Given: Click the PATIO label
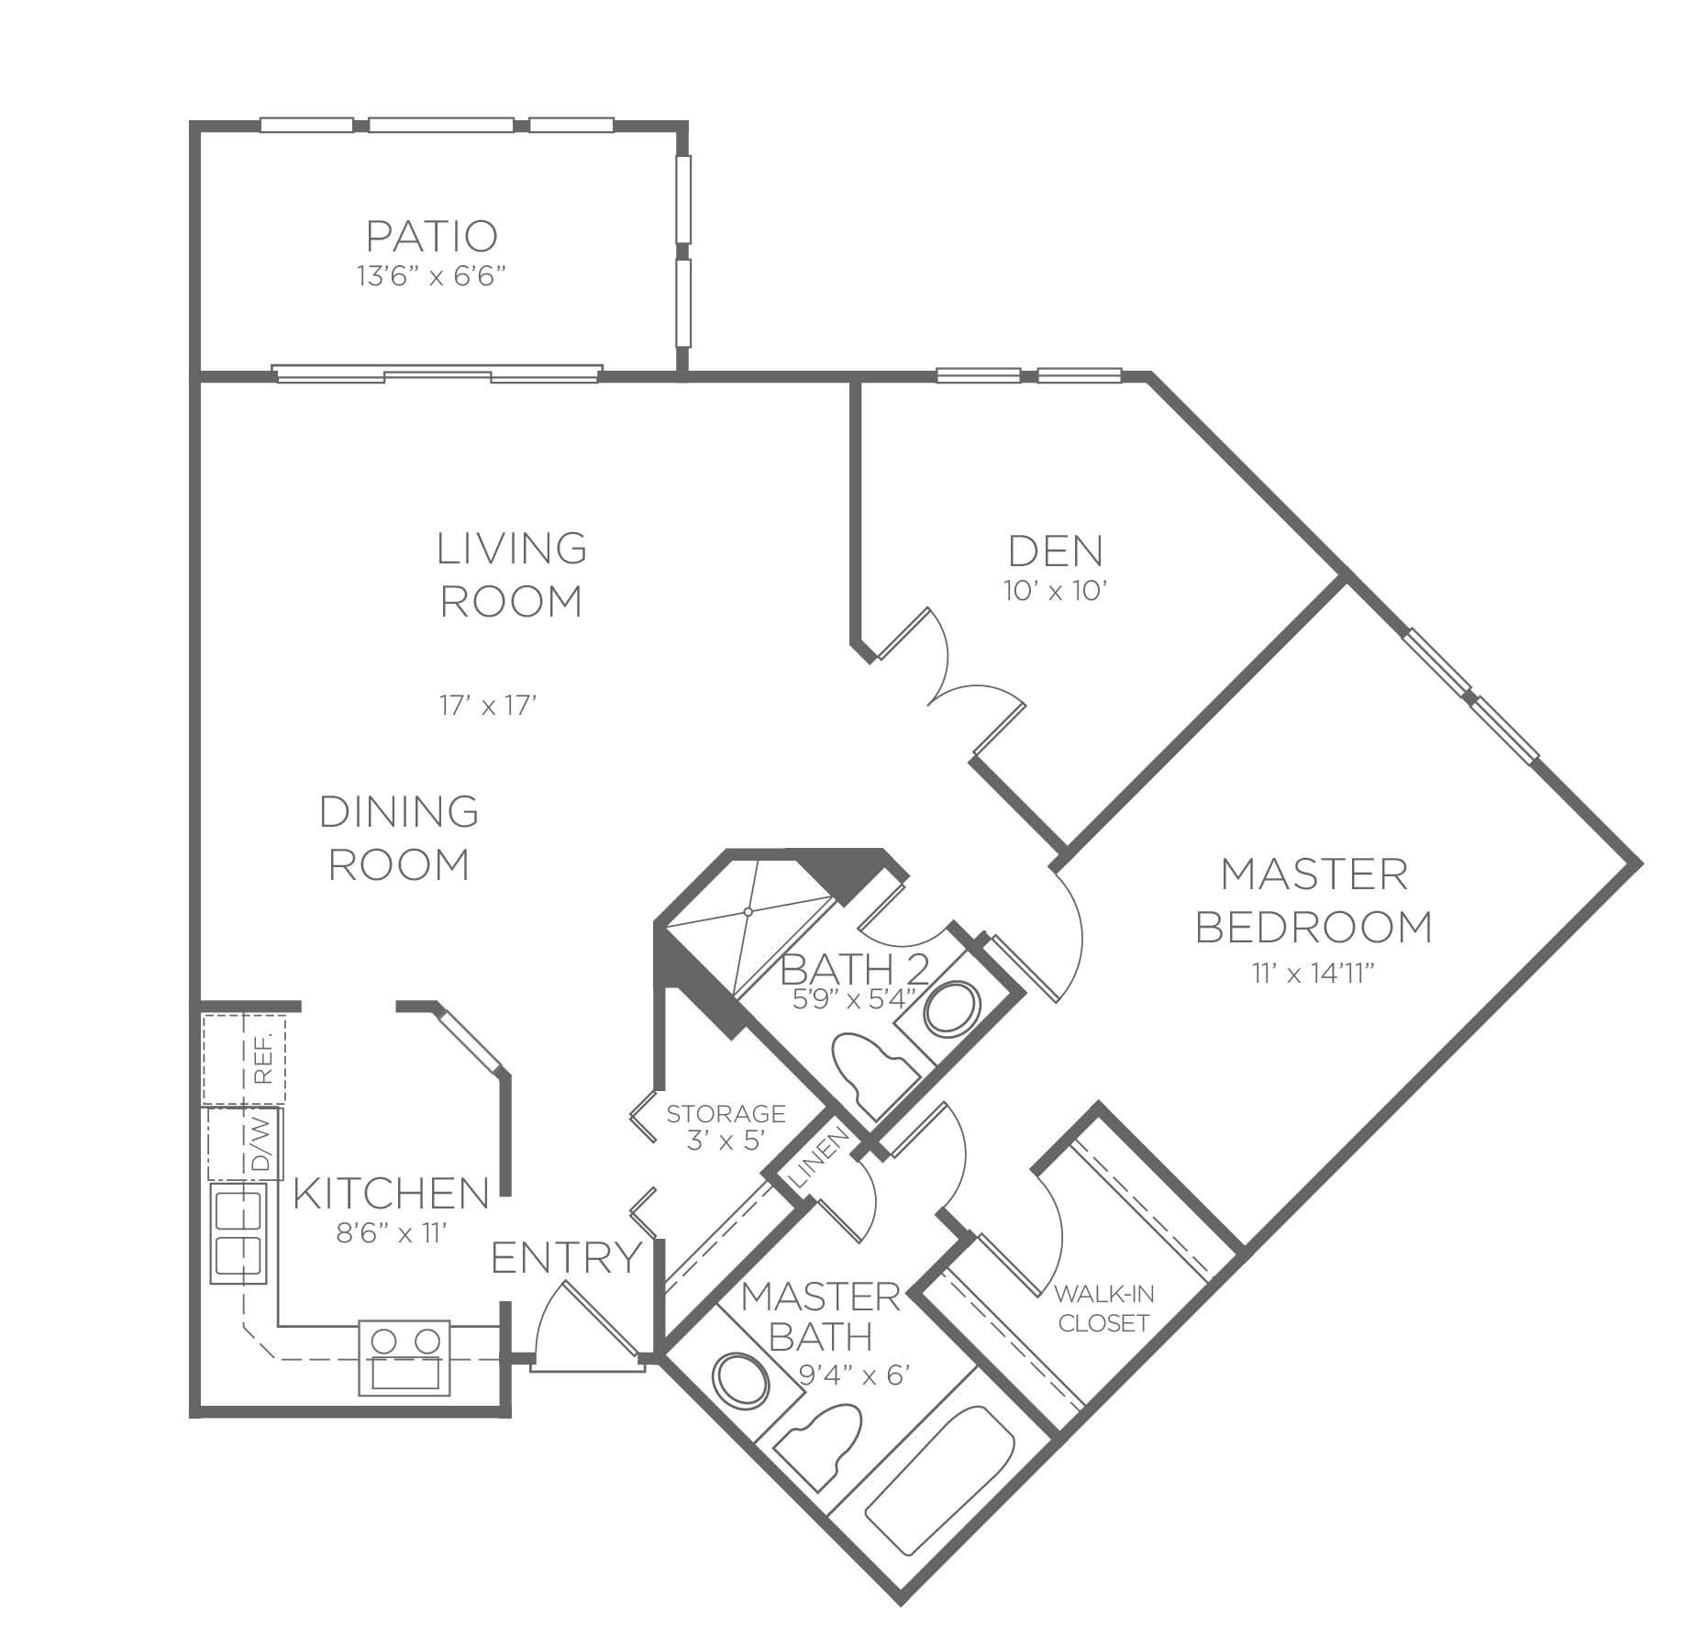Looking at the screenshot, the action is pos(432,236).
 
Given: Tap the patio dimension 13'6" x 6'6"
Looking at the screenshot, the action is pos(432,276).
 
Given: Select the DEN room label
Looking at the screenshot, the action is pos(1056,551).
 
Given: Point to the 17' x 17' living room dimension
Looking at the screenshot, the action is pos(487,706).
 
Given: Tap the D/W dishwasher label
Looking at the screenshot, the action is pos(261,1143).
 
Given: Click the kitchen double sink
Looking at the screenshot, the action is pos(238,1232).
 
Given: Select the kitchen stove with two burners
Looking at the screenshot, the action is pos(404,1358).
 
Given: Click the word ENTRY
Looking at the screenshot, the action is pos(567,1258).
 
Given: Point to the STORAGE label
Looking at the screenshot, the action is pos(726,1114).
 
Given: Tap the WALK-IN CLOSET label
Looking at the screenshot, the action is pos(1103,1308).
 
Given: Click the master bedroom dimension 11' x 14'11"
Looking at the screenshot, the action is pos(1314,974).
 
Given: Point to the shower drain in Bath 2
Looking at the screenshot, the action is pos(748,911).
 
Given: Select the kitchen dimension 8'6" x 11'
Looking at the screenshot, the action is pos(392,1233).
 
